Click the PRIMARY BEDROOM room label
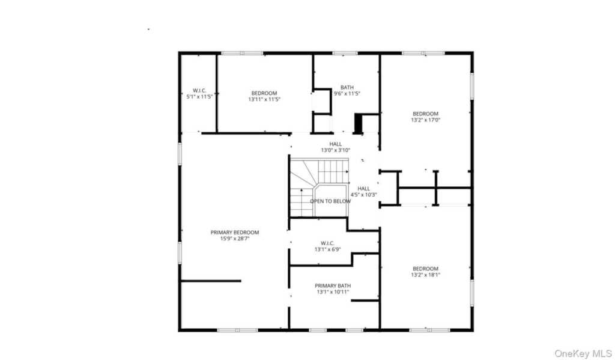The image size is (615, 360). [x=235, y=233]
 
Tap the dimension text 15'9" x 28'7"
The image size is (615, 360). [x=235, y=239]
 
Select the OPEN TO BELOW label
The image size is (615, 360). [x=330, y=201]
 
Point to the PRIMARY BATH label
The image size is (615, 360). [x=333, y=286]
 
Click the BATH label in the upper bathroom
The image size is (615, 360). [x=347, y=88]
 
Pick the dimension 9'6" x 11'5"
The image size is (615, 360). [x=347, y=93]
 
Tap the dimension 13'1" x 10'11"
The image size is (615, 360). [x=333, y=291]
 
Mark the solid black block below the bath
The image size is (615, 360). [x=358, y=124]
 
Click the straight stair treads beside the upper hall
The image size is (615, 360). [x=333, y=171]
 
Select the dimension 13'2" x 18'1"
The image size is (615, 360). [x=426, y=275]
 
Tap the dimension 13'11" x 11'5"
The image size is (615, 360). [x=264, y=99]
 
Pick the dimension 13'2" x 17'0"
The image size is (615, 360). [x=426, y=120]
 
